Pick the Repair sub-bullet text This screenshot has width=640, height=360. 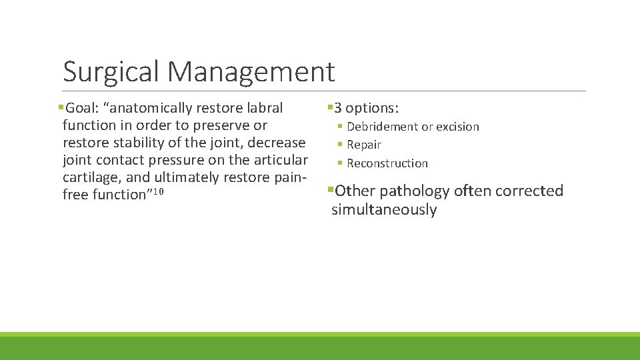364,145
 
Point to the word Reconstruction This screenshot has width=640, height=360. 387,163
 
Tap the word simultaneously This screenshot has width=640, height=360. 384,210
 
